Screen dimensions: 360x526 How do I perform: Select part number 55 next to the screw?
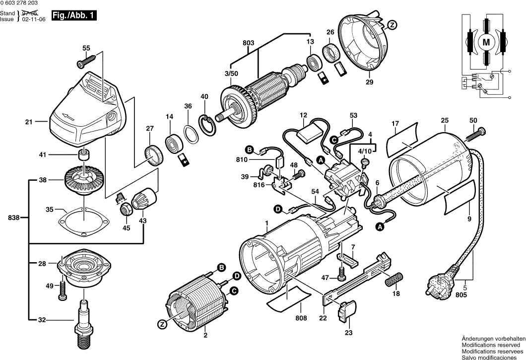(x=86, y=48)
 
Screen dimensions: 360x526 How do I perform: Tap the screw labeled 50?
(x=475, y=132)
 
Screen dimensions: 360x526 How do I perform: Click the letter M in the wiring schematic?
(x=486, y=43)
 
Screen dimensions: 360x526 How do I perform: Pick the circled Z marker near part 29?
(x=392, y=24)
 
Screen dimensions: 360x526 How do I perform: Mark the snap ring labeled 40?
(x=209, y=124)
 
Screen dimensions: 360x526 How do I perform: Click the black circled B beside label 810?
(x=250, y=149)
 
